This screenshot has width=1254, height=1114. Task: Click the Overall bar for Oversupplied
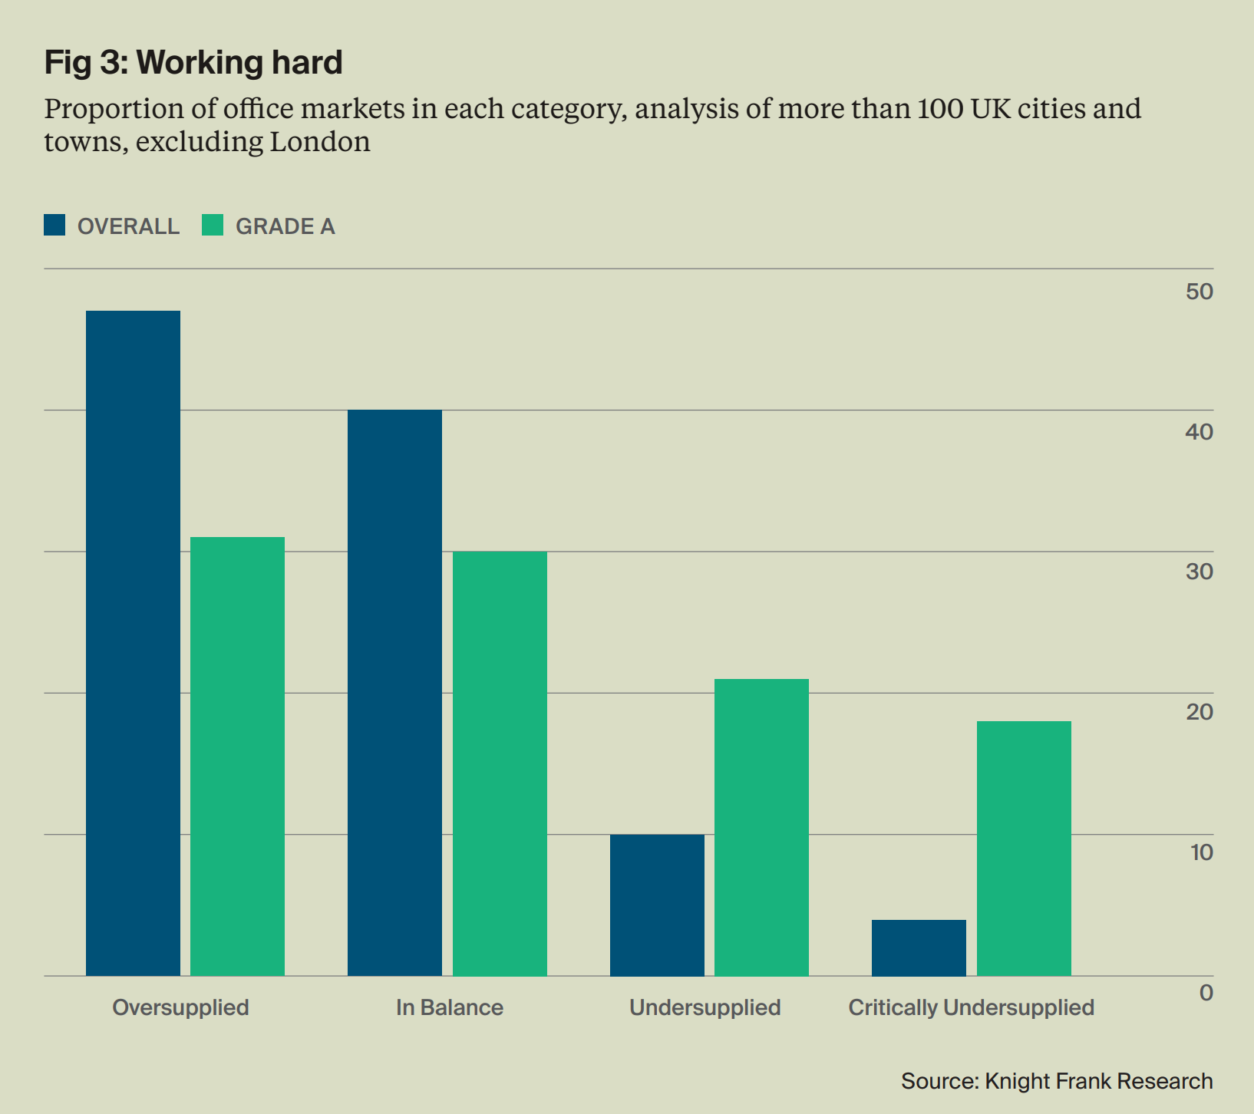133,643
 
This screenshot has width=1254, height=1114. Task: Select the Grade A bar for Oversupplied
237,756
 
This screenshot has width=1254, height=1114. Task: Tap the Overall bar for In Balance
394,693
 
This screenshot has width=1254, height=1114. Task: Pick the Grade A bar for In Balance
500,763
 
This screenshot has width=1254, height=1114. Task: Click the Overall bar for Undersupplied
657,905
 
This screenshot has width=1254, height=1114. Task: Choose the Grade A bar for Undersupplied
761,827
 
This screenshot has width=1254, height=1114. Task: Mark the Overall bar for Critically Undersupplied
919,948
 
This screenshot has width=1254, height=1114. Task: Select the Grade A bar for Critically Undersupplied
1024,849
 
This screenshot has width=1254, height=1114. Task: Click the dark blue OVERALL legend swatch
54,225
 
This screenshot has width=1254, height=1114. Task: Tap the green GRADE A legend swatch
213,225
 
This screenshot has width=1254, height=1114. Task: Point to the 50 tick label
1199,292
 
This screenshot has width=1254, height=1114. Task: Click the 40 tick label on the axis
1199,432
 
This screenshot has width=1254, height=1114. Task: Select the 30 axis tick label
1199,572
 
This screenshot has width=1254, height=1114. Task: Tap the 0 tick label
1206,993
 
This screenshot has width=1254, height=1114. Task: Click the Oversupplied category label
180,1007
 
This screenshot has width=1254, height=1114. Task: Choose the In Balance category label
450,1007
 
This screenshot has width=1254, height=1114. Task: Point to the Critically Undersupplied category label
971,1007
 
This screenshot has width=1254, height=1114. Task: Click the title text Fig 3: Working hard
193,62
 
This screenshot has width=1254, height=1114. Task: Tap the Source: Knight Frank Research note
1057,1081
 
